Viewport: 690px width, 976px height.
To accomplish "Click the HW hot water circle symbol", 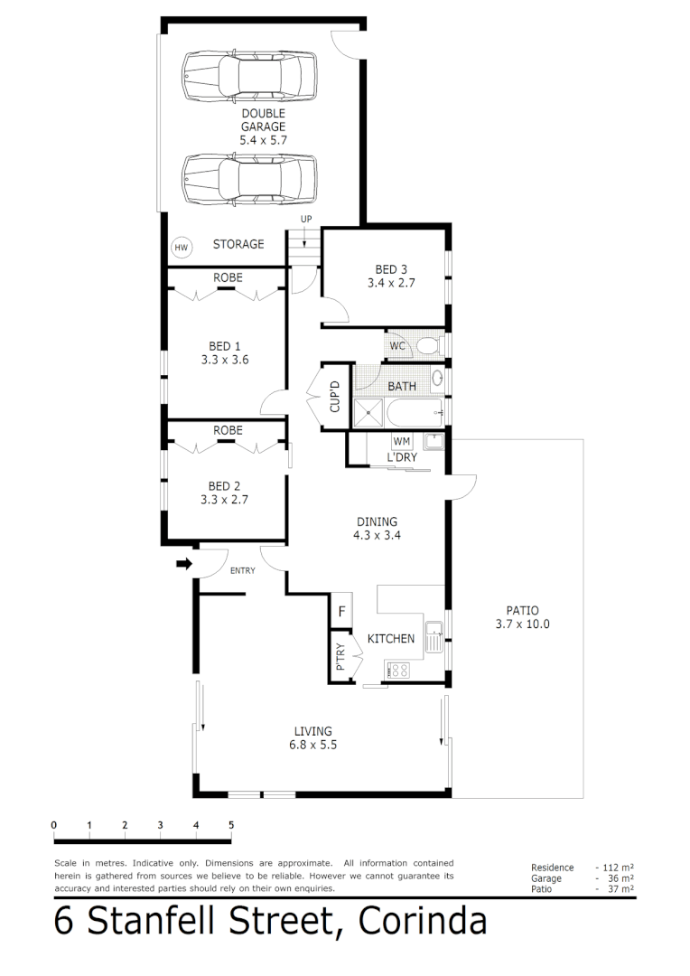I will tap(181, 247).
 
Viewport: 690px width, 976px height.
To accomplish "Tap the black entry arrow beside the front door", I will tap(184, 564).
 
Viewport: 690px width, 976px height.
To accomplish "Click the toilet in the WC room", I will tap(427, 345).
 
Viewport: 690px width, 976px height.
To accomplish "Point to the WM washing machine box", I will tap(402, 441).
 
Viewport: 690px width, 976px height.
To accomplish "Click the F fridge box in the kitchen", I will tap(341, 611).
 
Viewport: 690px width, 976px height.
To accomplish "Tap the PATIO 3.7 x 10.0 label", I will tap(522, 617).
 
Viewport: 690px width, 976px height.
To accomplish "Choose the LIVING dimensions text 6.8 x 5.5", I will tap(313, 746).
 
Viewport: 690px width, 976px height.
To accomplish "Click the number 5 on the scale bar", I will tap(231, 824).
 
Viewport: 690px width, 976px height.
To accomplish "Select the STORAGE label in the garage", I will tap(238, 244).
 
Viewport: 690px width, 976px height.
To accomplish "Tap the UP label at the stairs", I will tap(306, 220).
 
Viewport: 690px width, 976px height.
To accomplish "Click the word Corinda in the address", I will tap(423, 922).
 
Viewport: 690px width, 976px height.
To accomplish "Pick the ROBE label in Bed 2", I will tap(228, 430).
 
